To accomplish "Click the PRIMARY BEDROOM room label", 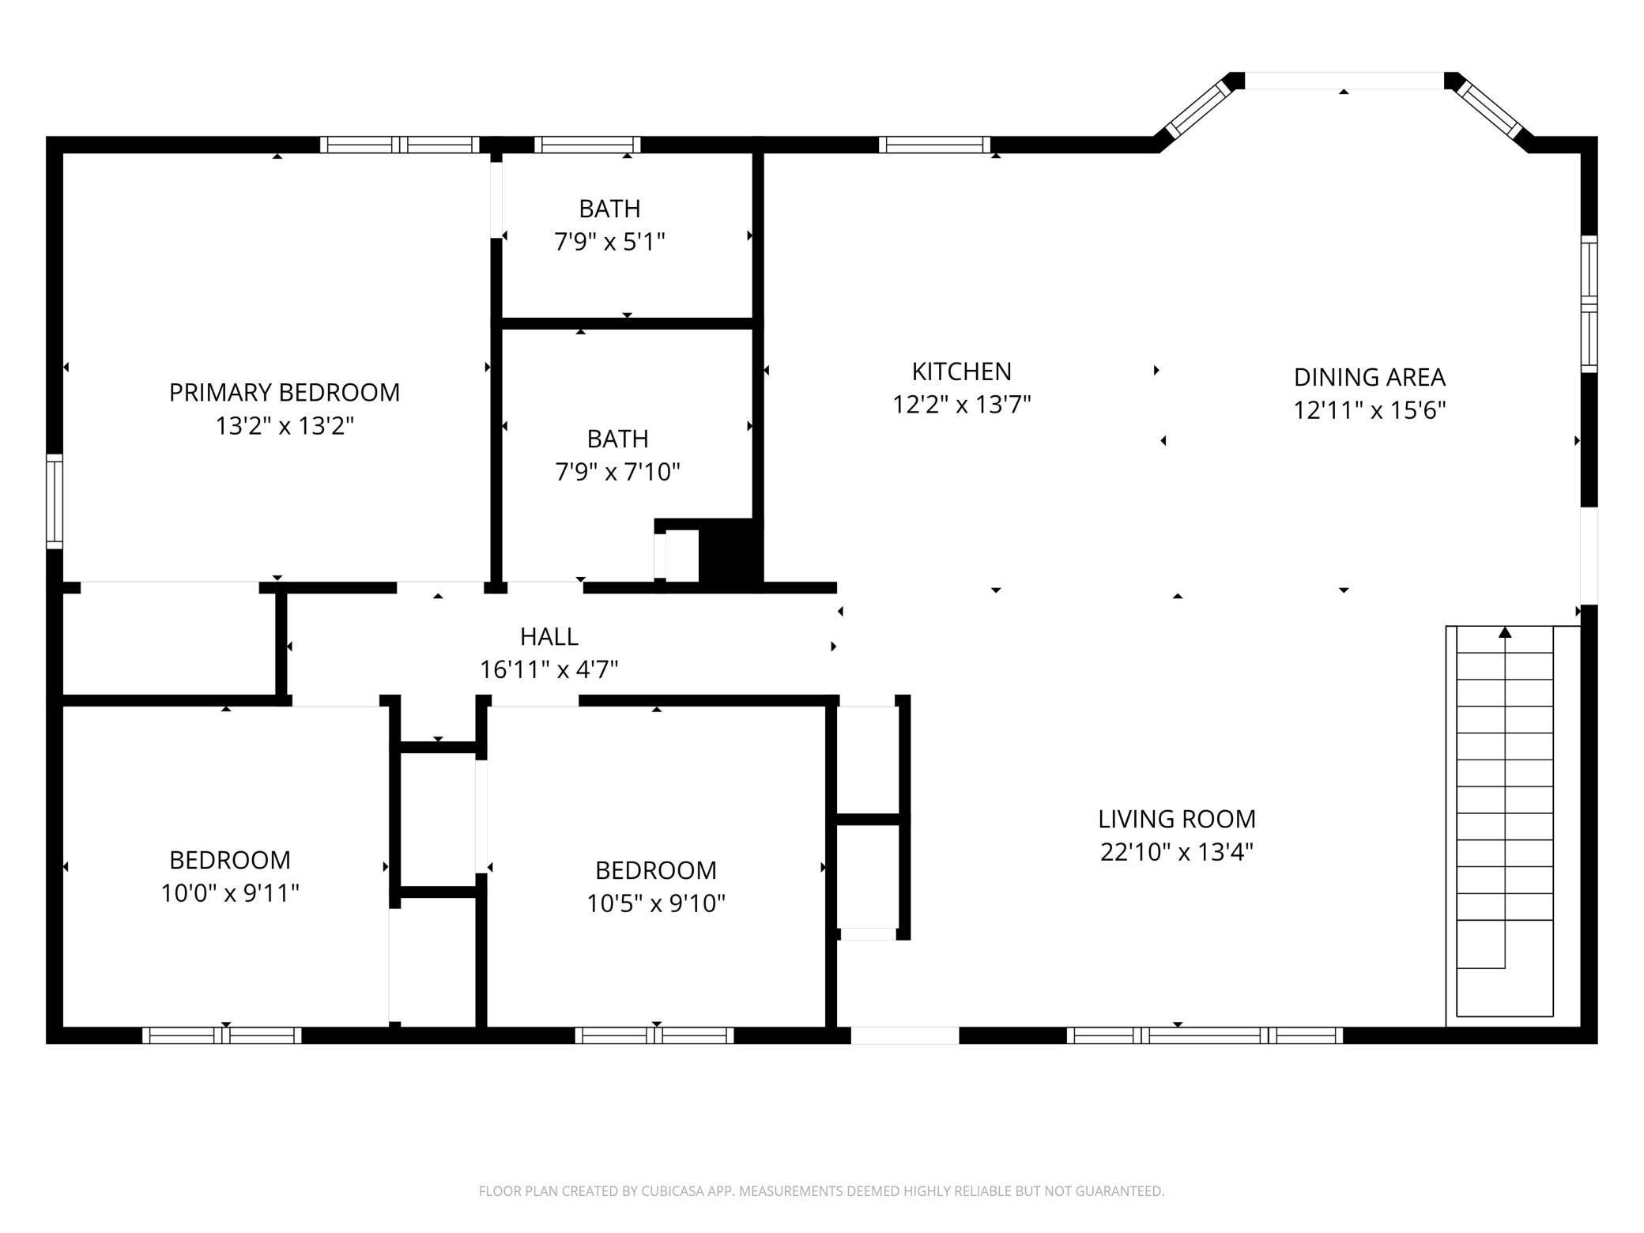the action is tap(285, 393).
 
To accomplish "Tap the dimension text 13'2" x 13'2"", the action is tap(285, 426).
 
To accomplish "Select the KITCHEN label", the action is tap(962, 371).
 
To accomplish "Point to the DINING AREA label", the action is tap(1370, 377).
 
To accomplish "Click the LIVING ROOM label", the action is tap(1177, 819).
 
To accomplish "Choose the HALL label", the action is tap(549, 636).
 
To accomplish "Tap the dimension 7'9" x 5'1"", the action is tap(610, 242).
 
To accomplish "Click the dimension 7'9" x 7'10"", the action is tap(618, 472).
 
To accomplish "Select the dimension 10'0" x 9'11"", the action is tap(230, 893).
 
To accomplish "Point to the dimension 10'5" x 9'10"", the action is tap(656, 903).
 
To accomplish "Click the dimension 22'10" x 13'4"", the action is tap(1177, 852).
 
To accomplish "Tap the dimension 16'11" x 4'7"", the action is tap(549, 669).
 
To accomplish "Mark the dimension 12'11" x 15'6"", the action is tap(1370, 410).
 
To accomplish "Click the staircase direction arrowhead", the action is tap(1505, 632).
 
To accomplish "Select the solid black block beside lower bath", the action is tap(731, 552).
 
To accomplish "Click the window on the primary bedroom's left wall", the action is tap(55, 501).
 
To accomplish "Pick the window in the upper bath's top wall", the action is tap(587, 145).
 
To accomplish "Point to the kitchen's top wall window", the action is tap(934, 145).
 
